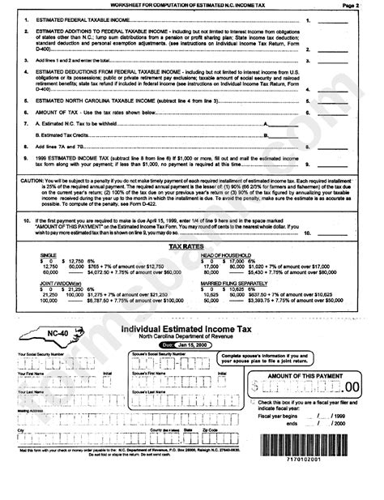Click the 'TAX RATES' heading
tap(191, 244)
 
